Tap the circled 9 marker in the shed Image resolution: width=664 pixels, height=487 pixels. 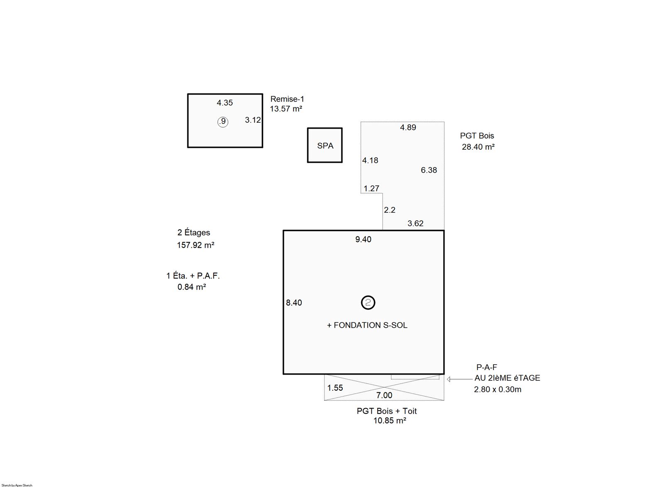222,122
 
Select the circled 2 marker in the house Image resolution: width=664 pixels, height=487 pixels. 368,302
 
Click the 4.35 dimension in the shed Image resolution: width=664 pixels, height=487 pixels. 225,103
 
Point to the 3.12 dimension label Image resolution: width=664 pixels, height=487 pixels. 253,120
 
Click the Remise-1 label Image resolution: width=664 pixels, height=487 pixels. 287,99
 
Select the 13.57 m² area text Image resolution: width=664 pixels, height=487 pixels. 286,109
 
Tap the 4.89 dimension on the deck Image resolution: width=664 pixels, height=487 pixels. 408,127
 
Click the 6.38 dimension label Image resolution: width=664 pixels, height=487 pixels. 429,170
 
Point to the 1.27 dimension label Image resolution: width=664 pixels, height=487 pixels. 371,188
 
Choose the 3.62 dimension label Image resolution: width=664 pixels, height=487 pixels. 415,223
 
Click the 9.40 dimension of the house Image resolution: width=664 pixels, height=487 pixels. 364,239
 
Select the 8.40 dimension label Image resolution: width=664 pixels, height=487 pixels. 294,303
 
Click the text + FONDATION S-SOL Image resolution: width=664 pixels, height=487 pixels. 367,325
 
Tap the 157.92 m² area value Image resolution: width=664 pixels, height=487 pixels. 195,245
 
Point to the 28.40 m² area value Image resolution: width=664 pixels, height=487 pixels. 478,147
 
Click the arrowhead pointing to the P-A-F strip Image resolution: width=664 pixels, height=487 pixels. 449,379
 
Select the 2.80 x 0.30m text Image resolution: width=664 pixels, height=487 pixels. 498,390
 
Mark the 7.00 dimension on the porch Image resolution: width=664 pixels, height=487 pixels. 384,395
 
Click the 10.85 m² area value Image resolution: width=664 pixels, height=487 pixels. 390,421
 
